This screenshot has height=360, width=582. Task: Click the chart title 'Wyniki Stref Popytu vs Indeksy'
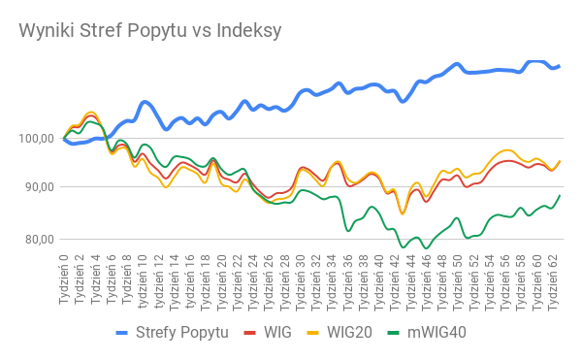point(150,31)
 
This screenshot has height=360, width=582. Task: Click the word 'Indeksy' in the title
point(249,30)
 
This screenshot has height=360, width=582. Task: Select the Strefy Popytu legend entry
point(173,333)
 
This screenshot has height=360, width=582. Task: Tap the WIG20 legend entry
point(339,333)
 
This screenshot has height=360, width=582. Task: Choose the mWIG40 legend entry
point(427,333)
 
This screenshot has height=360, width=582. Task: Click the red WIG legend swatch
point(250,333)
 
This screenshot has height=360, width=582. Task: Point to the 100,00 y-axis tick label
point(37,139)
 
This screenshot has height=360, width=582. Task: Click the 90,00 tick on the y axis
point(40,187)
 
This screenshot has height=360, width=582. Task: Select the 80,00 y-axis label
point(40,240)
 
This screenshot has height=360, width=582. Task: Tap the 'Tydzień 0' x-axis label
point(63,279)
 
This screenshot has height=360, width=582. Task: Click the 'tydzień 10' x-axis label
point(143,282)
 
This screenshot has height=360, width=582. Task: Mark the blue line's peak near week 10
point(145,102)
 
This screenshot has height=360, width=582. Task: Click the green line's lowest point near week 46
point(427,247)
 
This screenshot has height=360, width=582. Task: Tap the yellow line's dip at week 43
point(403,213)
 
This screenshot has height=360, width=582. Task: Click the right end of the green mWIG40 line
point(560,196)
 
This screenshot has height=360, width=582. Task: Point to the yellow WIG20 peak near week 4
point(91,113)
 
